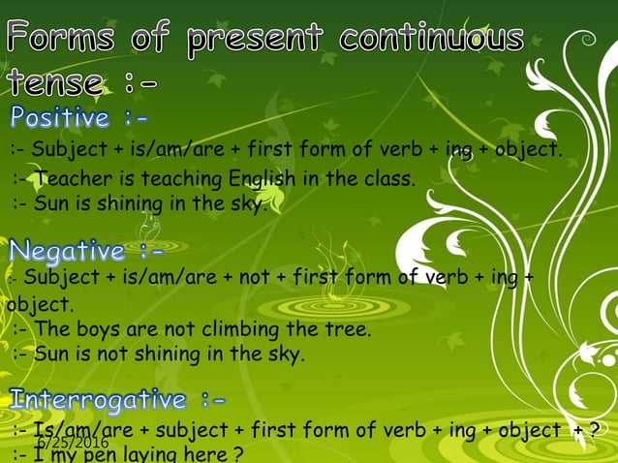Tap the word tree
coord(347,330)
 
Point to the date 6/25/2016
coord(74,443)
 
